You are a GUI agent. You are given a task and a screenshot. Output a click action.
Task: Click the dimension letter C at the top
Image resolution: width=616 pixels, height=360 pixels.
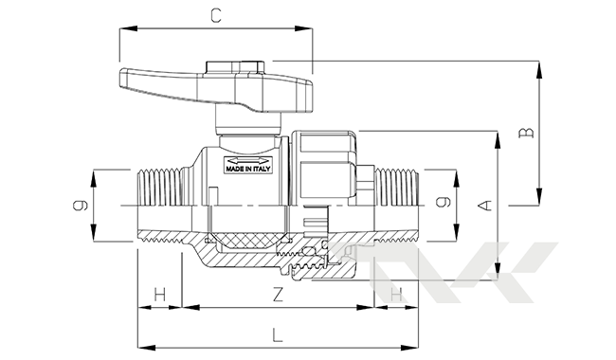[216, 16]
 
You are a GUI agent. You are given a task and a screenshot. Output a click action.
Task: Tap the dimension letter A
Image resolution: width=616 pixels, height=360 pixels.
[486, 206]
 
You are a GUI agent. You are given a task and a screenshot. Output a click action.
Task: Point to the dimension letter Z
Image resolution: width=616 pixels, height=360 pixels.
[278, 294]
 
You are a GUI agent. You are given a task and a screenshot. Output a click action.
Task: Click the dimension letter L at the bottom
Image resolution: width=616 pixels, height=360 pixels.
[278, 334]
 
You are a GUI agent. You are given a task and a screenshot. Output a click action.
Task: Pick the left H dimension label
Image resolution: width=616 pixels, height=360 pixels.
[159, 294]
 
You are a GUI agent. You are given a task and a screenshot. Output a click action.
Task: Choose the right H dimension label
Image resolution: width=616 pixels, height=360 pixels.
[396, 294]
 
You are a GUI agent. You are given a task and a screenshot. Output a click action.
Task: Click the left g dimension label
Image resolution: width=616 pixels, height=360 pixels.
[81, 205]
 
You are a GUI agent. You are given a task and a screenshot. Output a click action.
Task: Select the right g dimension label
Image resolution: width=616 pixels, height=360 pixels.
[444, 202]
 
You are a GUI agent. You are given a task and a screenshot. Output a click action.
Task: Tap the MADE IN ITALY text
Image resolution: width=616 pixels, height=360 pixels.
[248, 170]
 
